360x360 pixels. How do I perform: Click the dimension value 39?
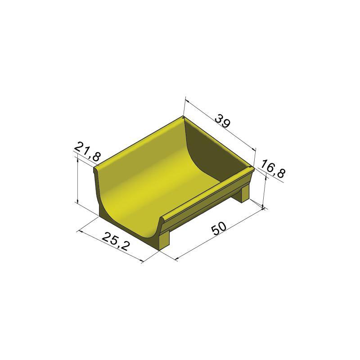[x=222, y=121]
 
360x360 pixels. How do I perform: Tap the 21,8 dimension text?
[x=87, y=151]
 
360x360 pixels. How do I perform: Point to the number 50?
[x=219, y=228]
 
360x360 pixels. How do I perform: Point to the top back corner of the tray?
[x=183, y=117]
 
